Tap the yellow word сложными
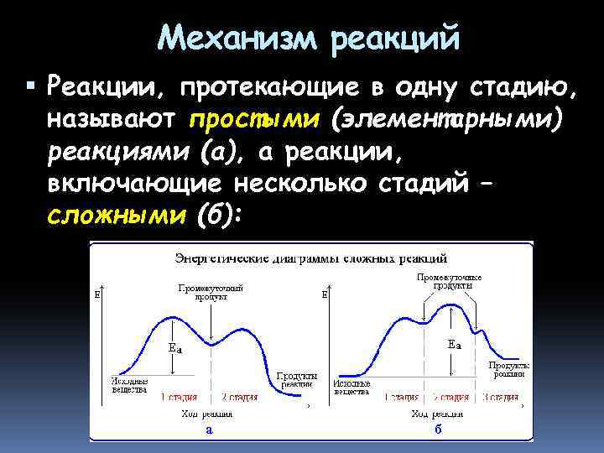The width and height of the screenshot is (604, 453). coord(116,216)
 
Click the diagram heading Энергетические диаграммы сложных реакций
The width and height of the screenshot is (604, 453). coord(310,256)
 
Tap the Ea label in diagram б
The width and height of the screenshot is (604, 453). coord(453,344)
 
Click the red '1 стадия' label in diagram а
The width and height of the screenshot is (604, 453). coord(180,397)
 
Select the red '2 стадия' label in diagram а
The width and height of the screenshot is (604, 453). coord(240,397)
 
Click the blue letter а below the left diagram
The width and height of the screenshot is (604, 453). coord(209,429)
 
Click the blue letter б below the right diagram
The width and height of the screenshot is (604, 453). coord(438,429)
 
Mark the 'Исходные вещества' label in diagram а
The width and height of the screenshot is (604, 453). coord(129,385)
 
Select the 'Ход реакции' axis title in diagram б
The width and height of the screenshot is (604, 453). coord(437,414)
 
